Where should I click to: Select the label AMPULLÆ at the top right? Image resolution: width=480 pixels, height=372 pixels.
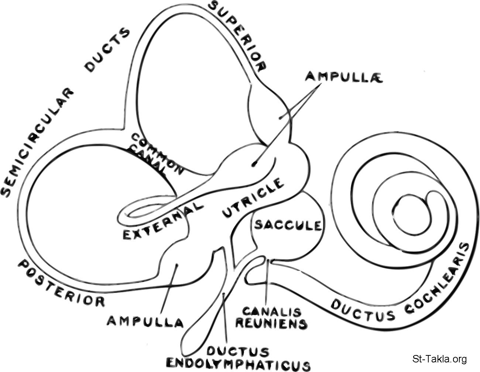338,76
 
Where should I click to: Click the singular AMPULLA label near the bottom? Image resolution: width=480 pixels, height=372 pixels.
145,321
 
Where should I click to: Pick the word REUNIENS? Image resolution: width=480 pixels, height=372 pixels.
271,324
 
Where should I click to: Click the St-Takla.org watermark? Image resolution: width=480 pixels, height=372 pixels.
439,359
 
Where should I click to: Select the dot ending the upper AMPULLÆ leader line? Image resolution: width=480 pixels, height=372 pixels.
281,118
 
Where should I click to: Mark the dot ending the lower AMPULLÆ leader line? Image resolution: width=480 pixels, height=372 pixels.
253,164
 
